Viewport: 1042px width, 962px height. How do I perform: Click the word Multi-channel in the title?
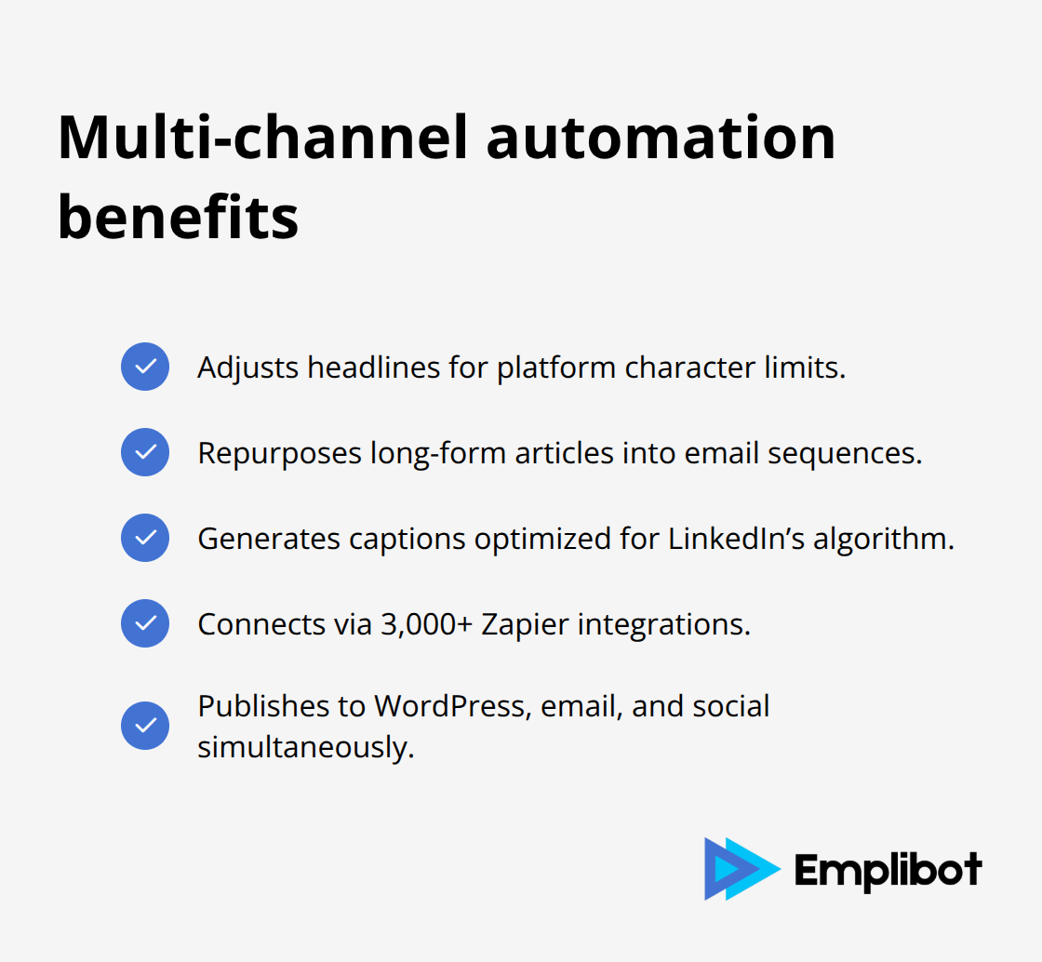(x=260, y=138)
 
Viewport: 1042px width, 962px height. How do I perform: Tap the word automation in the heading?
(x=661, y=138)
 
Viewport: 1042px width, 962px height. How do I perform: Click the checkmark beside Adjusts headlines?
(x=145, y=367)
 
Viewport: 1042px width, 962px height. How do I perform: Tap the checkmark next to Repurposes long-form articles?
(x=145, y=452)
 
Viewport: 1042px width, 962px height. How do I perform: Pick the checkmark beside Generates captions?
(x=145, y=538)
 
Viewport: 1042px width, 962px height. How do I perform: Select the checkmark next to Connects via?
(x=145, y=623)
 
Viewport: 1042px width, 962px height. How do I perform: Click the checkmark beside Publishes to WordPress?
(x=145, y=726)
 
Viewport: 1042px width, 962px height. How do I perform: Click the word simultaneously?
(x=305, y=747)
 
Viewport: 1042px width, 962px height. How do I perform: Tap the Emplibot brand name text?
(x=888, y=870)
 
